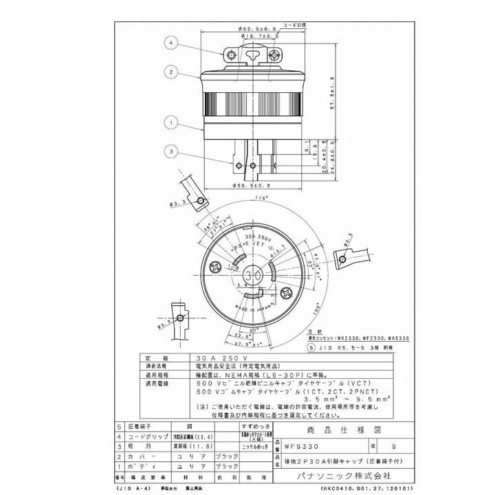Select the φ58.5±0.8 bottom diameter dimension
pyautogui.click(x=252, y=184)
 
